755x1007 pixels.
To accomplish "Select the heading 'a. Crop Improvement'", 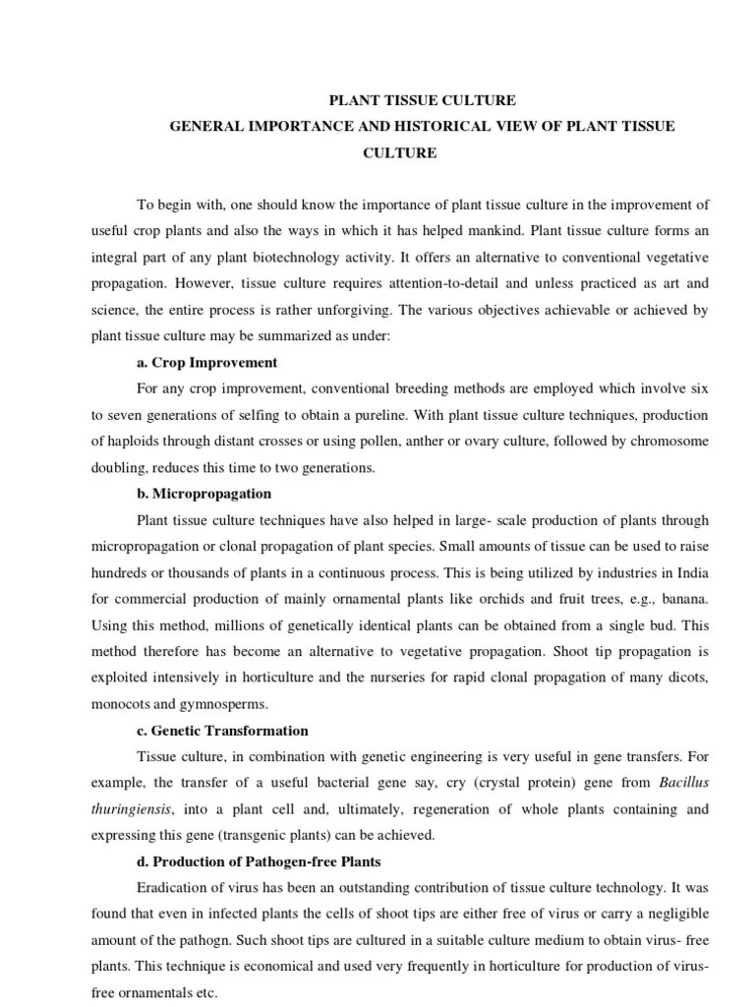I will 207,362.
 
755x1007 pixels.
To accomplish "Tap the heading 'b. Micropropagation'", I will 204,493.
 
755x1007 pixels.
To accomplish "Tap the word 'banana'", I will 679,599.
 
